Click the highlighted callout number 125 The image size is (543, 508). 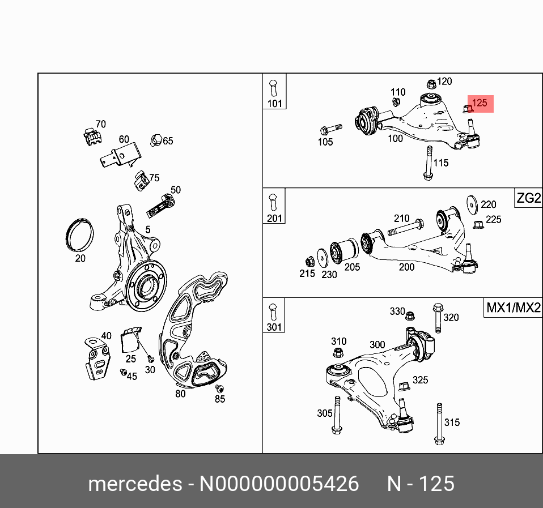coord(480,103)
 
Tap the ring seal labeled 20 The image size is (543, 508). coord(79,233)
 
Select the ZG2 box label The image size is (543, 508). coord(528,199)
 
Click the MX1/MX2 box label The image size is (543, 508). coord(514,309)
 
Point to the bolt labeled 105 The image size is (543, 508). coord(331,127)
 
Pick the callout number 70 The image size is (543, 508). coord(100,124)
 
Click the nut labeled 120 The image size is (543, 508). coord(431,84)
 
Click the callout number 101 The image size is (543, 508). coord(274,104)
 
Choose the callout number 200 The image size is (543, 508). coord(406,267)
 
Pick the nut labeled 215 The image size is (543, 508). coord(309,261)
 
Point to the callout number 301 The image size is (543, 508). coord(274,327)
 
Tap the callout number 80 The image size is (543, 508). coord(180,394)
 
